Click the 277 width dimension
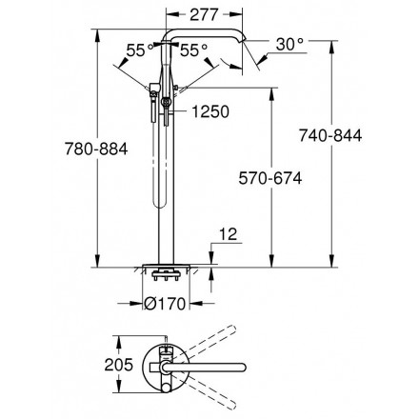(205, 14)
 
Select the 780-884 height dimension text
(96, 149)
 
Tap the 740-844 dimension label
(330, 135)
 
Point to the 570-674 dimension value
(270, 178)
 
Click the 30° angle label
(289, 44)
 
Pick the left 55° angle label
(140, 50)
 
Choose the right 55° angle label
(193, 50)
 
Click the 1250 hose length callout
(210, 111)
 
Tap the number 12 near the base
(228, 234)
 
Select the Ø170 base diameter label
(165, 304)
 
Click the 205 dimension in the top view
(119, 365)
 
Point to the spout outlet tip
(244, 39)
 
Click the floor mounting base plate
(166, 266)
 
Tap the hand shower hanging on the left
(153, 104)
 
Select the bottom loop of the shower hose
(160, 206)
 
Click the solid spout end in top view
(243, 368)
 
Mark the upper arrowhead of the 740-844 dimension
(331, 47)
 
